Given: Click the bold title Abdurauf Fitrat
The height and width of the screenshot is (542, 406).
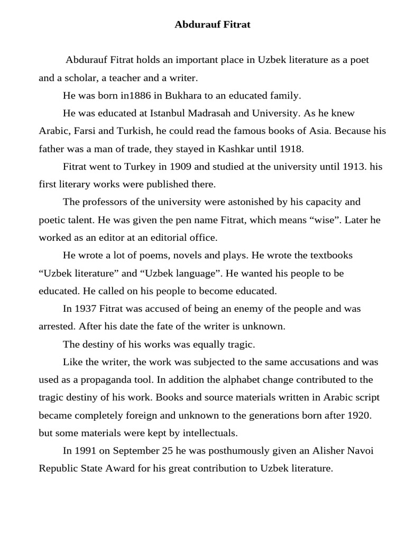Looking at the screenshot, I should click(205, 24).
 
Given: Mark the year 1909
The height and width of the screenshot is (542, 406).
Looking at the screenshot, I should click(181, 167).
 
